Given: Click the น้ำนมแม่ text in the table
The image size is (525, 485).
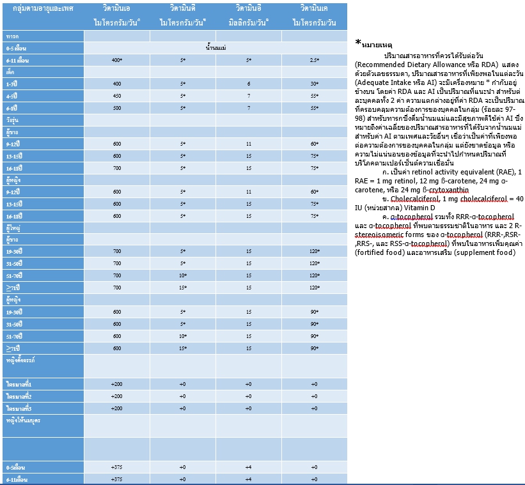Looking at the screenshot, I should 215,48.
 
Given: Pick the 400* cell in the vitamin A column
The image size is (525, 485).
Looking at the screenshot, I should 116,60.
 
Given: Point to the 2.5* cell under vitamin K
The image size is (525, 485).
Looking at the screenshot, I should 314,60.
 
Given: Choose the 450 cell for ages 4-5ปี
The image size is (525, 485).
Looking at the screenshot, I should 116,96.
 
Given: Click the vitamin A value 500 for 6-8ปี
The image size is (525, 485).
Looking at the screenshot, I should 116,109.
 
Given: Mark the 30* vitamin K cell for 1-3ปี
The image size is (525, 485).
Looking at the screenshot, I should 314,84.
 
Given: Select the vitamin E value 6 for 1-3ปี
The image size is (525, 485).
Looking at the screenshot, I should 248,84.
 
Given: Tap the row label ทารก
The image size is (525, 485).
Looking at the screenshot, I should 12,36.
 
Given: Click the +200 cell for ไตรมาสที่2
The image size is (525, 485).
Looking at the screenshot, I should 116,396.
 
